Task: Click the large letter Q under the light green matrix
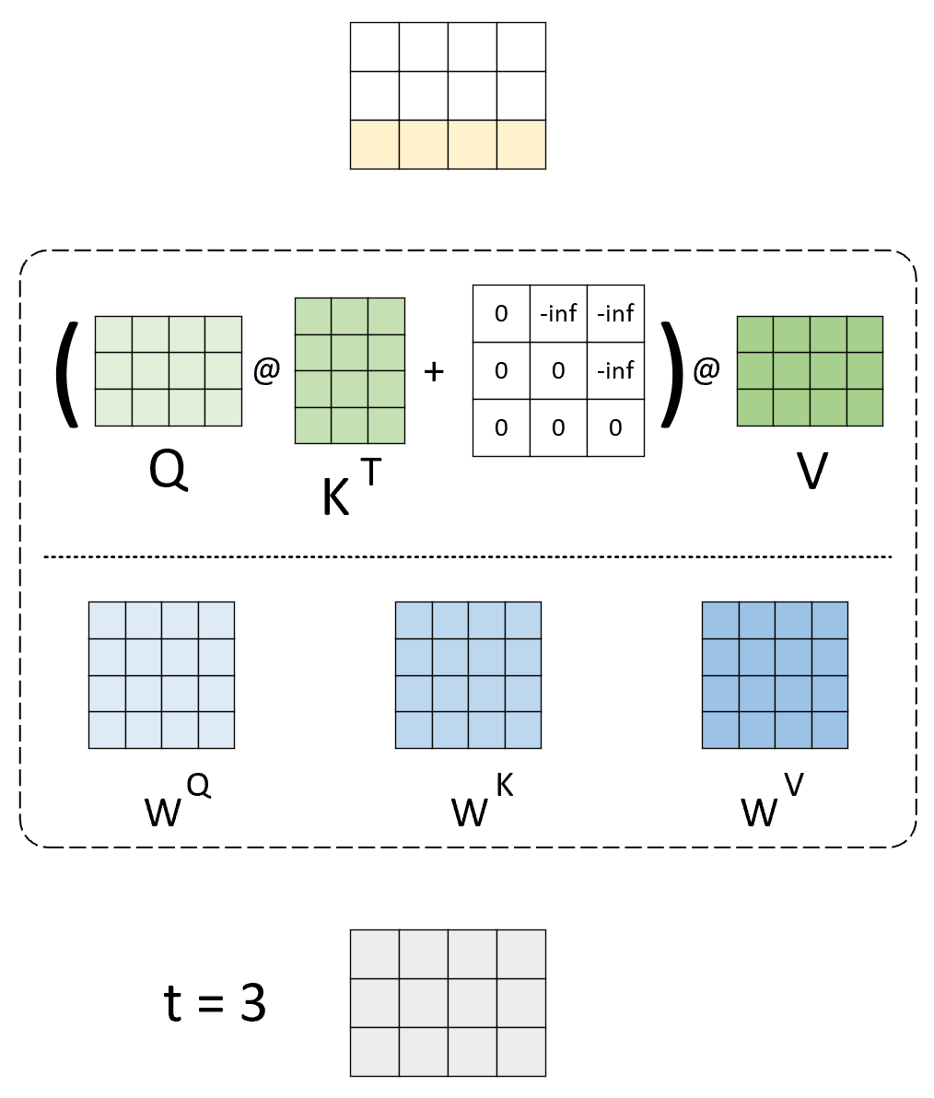coord(168,472)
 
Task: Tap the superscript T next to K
coord(370,471)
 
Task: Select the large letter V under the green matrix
coord(811,472)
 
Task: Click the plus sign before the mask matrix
coord(433,371)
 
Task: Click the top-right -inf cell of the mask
coord(615,313)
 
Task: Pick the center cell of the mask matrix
coord(558,370)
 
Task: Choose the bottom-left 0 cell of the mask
coord(501,427)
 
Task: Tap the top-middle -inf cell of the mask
coord(558,313)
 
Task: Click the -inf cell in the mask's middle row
coord(615,370)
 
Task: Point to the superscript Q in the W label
coord(199,785)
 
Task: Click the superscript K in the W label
coord(504,785)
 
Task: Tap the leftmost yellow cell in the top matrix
coord(375,145)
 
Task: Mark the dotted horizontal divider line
coord(468,556)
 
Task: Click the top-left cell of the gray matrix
coord(375,954)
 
